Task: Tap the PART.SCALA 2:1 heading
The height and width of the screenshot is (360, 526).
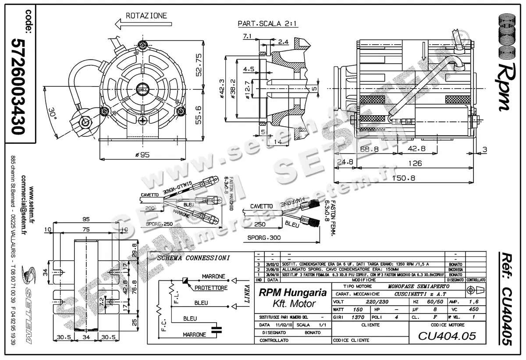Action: tap(268, 23)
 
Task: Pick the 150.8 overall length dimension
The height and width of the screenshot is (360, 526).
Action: tap(404, 178)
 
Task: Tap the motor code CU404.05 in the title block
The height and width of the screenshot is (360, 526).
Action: tap(446, 336)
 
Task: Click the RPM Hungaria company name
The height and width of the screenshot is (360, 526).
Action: tap(293, 292)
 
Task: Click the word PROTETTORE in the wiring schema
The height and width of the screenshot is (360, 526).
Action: tap(211, 288)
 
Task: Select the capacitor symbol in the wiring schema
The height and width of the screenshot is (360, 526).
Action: tap(215, 330)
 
